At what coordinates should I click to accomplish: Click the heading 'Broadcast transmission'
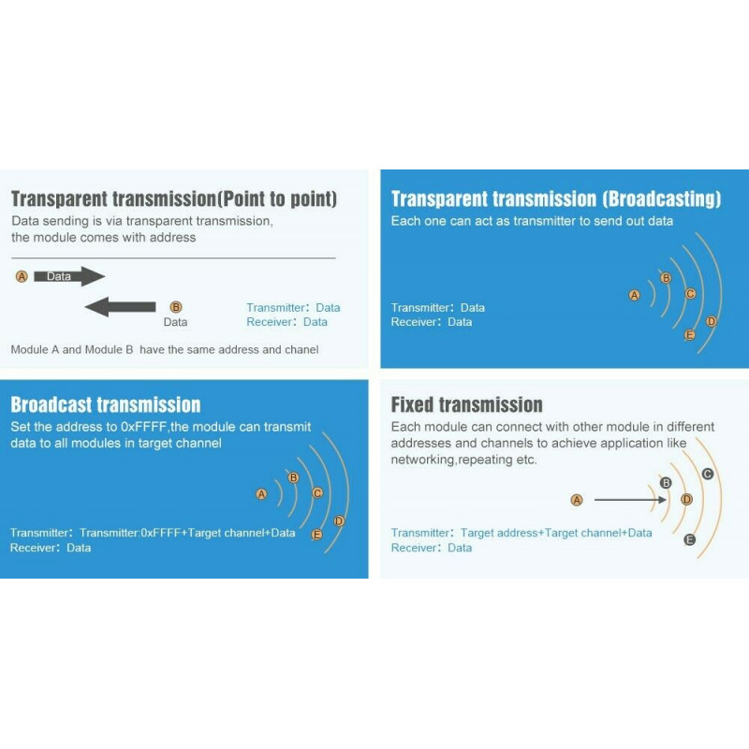(x=106, y=404)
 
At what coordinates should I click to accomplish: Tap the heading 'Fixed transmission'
(x=466, y=404)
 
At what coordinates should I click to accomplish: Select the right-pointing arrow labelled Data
(x=69, y=276)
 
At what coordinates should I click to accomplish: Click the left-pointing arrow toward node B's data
(x=120, y=307)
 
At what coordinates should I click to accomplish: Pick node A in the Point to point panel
(x=22, y=276)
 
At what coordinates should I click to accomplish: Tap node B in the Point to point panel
(x=176, y=307)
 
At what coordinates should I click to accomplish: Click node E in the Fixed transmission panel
(x=689, y=540)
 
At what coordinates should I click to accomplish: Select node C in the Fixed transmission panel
(x=708, y=474)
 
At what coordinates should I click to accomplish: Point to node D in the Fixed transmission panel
(x=686, y=500)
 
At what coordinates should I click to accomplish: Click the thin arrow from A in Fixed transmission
(x=630, y=500)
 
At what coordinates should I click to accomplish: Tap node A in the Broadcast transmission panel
(x=261, y=494)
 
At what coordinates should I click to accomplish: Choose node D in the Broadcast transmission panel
(x=339, y=521)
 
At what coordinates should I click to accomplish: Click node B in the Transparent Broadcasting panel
(x=666, y=278)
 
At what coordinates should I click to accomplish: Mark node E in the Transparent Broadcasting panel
(x=689, y=335)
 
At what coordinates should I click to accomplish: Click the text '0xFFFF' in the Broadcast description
(x=144, y=427)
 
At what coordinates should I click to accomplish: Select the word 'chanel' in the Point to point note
(x=301, y=349)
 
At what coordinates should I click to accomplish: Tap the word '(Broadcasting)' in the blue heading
(x=662, y=198)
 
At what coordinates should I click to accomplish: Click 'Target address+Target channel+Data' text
(x=556, y=533)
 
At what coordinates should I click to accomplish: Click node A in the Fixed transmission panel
(x=577, y=500)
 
